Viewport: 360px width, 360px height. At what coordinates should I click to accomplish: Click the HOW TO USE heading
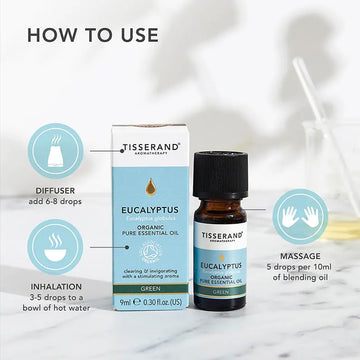pos(93,34)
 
